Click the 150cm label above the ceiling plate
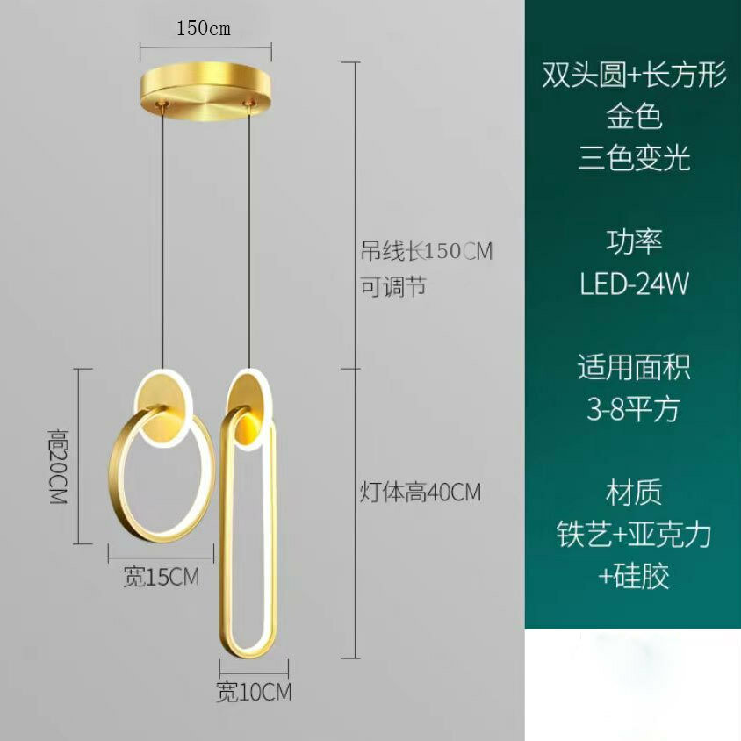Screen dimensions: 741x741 pyautogui.click(x=204, y=29)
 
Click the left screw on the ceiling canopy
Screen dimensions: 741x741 pyautogui.click(x=164, y=103)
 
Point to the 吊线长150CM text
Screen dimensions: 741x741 pyautogui.click(x=427, y=251)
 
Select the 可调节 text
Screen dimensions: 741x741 pyautogui.click(x=393, y=286)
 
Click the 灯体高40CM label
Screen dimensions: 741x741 pyautogui.click(x=421, y=492)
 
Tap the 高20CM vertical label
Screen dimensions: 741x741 pyautogui.click(x=59, y=467)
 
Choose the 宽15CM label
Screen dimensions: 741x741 pyautogui.click(x=162, y=577)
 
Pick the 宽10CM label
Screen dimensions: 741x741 pyautogui.click(x=255, y=693)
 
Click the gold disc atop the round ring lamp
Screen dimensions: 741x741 pyautogui.click(x=163, y=410)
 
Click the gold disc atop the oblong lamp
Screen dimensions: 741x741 pyautogui.click(x=248, y=409)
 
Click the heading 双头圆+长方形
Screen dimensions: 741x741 pyautogui.click(x=634, y=76)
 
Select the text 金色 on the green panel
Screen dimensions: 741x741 pyautogui.click(x=634, y=116)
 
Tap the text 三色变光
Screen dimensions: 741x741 pyautogui.click(x=634, y=158)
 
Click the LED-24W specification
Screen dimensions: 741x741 pyautogui.click(x=634, y=284)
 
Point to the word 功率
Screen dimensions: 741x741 pyautogui.click(x=634, y=241)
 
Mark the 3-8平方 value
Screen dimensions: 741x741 pyautogui.click(x=634, y=409)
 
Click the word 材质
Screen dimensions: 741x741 pyautogui.click(x=634, y=492)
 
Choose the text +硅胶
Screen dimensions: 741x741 pyautogui.click(x=634, y=576)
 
